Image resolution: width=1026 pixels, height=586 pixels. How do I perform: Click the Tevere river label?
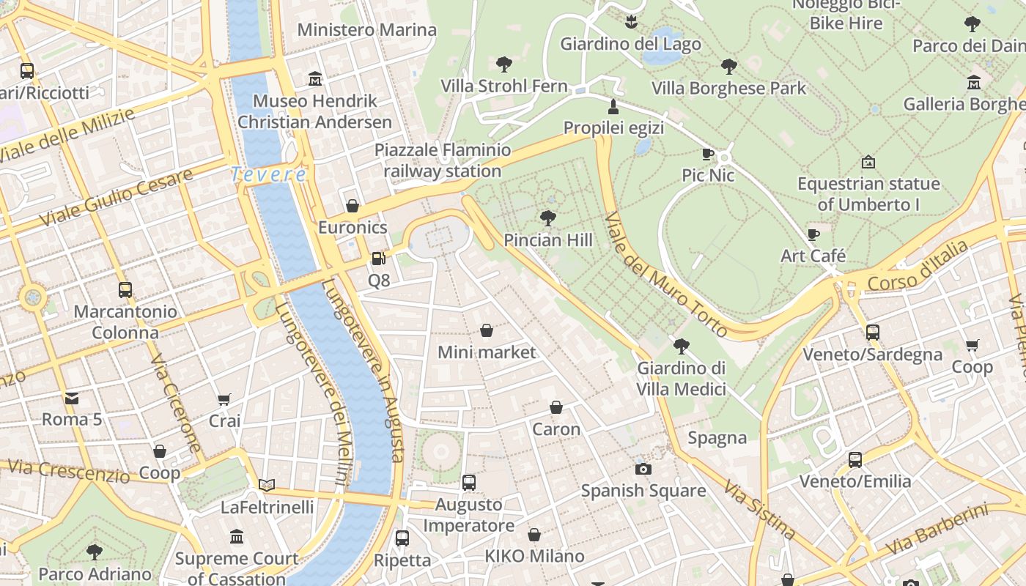(x=268, y=174)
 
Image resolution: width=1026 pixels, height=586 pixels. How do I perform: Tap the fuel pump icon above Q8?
(x=378, y=259)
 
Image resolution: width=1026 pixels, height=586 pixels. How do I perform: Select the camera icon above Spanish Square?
(x=643, y=469)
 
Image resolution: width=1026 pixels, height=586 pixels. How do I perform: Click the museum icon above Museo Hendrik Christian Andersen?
(x=315, y=78)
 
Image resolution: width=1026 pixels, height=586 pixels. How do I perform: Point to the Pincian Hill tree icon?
(x=547, y=218)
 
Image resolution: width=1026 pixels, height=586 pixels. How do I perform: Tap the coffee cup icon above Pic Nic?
(x=707, y=154)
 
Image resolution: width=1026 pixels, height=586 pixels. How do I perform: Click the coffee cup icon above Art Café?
(x=813, y=234)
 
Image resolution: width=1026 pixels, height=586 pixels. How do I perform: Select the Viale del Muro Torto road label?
(x=666, y=275)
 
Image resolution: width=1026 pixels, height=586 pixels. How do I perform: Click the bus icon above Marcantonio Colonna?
(x=125, y=289)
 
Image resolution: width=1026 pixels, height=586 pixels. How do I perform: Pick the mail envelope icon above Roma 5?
(x=72, y=398)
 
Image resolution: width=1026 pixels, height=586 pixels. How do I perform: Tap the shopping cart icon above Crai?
(x=224, y=399)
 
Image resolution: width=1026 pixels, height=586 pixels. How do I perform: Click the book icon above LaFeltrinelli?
(x=267, y=485)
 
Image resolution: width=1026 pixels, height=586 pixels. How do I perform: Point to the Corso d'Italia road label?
(x=917, y=267)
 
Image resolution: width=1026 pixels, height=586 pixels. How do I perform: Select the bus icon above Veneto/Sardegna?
(x=872, y=333)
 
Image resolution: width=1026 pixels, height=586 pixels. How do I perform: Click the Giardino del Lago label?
(x=630, y=44)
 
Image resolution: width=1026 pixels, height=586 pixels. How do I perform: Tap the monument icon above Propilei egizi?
(x=613, y=107)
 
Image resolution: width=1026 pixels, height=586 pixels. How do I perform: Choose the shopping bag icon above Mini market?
(x=486, y=330)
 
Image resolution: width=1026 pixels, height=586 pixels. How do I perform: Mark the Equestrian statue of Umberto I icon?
(x=868, y=161)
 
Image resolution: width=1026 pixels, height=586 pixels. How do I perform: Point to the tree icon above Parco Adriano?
(x=95, y=552)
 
